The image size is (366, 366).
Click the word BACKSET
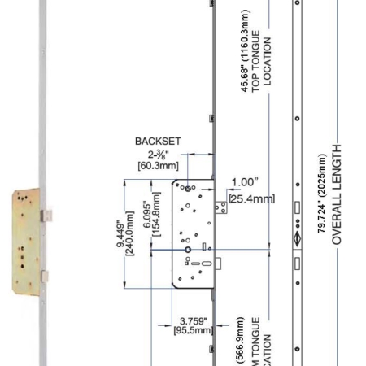click(x=158, y=141)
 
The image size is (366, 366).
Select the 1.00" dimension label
click(x=245, y=182)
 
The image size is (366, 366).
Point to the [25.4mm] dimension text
click(x=251, y=198)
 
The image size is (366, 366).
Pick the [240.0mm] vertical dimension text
click(x=129, y=236)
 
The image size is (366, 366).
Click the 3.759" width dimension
click(x=193, y=320)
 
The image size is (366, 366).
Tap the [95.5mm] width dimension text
click(x=194, y=331)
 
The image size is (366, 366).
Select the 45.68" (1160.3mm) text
click(x=245, y=59)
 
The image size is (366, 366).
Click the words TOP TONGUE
click(x=256, y=59)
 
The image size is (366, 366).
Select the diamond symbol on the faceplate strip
click(x=298, y=239)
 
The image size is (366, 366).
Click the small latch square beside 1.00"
click(x=219, y=208)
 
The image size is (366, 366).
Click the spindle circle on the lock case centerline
click(x=188, y=250)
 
